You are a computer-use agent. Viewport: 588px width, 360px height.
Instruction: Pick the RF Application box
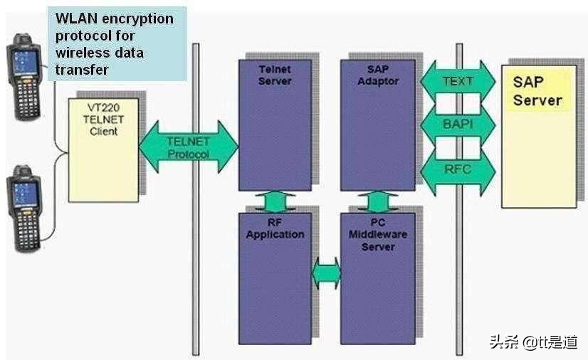click(x=275, y=277)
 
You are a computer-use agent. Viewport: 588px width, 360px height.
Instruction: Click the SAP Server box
click(x=538, y=136)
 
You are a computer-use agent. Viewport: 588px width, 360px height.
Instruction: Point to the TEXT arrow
click(x=458, y=81)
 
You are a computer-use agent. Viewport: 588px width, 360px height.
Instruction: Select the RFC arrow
click(x=458, y=169)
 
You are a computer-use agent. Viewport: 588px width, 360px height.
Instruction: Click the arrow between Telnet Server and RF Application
click(x=275, y=201)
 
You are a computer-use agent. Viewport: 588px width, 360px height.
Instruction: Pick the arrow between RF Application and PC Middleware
click(x=327, y=272)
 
